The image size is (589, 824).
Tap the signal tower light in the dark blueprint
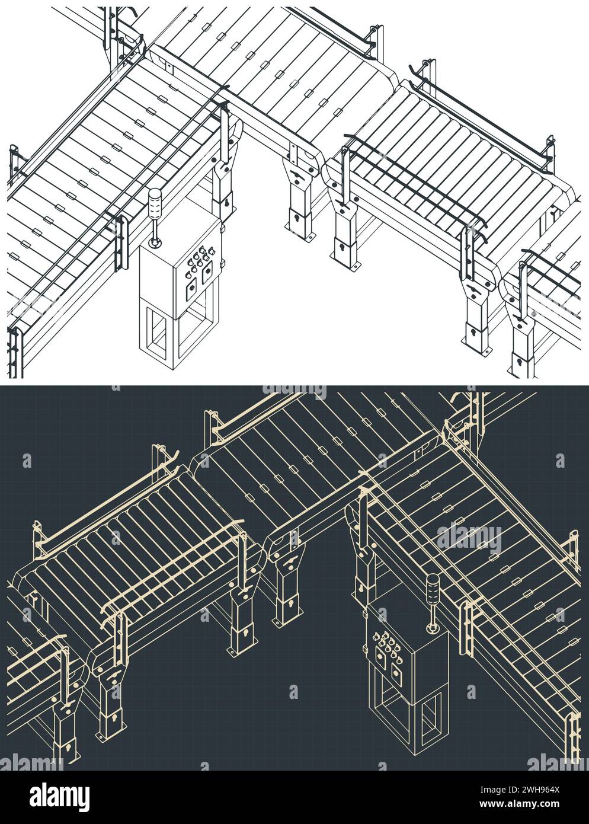433,586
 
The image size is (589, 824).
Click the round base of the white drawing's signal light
154,242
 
